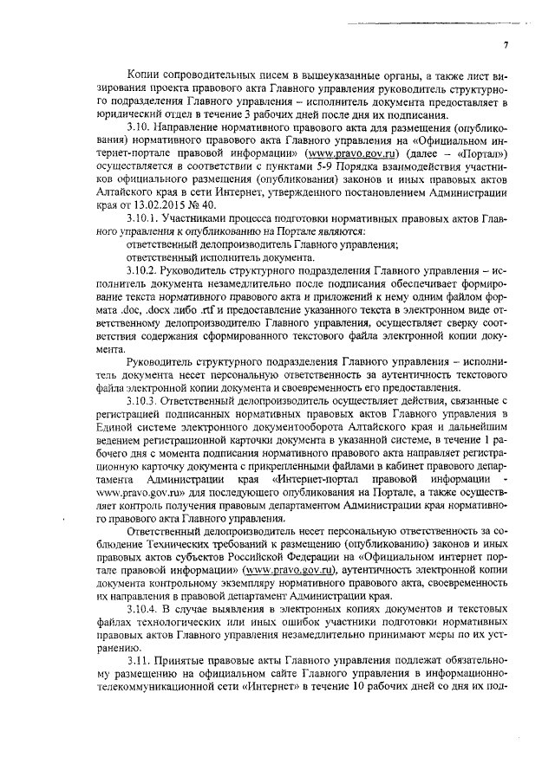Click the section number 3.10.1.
click(145, 221)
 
